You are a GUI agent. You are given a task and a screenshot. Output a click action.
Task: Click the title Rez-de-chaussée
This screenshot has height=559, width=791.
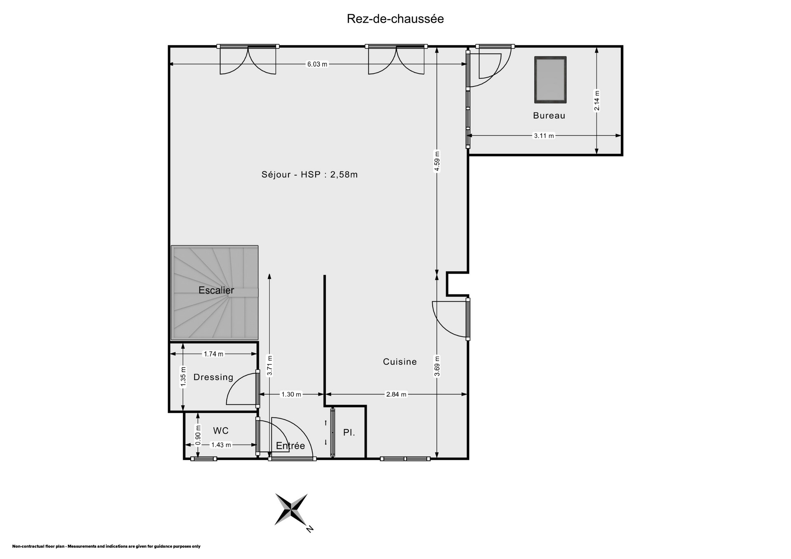[395, 19]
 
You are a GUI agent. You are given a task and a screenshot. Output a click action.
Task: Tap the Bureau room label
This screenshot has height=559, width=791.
[549, 116]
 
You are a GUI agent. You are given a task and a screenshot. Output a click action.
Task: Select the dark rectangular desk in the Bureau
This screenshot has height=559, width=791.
[550, 80]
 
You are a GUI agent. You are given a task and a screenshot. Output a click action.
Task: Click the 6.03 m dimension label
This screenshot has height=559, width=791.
[317, 64]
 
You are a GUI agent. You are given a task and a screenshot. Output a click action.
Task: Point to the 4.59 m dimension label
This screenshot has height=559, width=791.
[437, 161]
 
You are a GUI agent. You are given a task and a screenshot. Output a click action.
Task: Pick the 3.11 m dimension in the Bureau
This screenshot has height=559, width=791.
[544, 135]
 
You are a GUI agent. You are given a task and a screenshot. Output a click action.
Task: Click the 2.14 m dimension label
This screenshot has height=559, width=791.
[597, 101]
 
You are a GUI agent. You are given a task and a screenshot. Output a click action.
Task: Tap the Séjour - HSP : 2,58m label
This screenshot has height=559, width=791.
[310, 175]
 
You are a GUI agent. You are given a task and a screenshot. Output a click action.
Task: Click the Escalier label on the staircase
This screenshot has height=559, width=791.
[216, 290]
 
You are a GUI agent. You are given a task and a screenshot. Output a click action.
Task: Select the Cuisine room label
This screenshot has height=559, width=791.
[400, 362]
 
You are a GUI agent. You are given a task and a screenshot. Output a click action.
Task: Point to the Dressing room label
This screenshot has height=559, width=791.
[213, 377]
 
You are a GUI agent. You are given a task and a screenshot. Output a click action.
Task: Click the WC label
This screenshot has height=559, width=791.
[221, 431]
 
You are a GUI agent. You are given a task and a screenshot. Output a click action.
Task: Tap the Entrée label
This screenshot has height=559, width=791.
[290, 446]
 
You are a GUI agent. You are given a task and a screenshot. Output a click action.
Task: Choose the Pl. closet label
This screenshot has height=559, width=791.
[349, 433]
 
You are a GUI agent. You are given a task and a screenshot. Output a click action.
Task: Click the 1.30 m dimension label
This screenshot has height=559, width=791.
[291, 394]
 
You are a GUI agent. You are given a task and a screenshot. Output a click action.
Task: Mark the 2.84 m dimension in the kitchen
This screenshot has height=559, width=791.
[396, 394]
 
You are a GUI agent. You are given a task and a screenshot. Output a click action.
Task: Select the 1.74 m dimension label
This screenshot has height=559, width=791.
[214, 354]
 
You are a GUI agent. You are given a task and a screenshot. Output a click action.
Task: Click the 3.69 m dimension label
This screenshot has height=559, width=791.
[437, 366]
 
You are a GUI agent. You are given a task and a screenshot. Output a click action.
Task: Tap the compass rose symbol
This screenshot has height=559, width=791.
[291, 510]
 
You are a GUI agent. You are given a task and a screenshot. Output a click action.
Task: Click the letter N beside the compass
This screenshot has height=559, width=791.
[310, 529]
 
